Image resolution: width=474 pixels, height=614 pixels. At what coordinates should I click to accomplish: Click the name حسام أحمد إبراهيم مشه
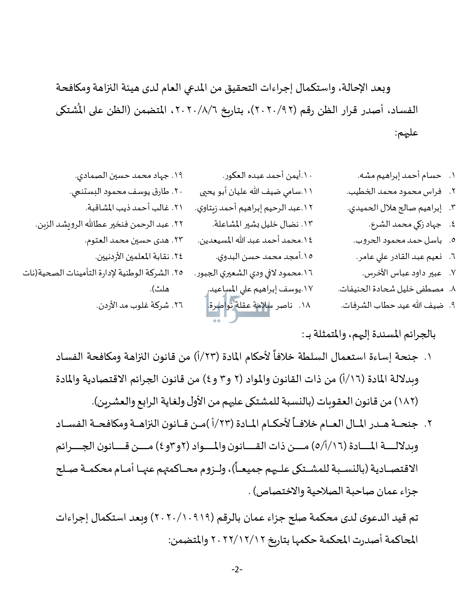(399, 175)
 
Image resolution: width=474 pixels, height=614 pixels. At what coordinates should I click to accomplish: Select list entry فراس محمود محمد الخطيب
(394, 192)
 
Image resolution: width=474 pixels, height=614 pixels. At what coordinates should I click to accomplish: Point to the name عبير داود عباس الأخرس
(402, 273)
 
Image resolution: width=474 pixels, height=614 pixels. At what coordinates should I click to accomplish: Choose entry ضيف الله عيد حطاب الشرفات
(392, 306)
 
